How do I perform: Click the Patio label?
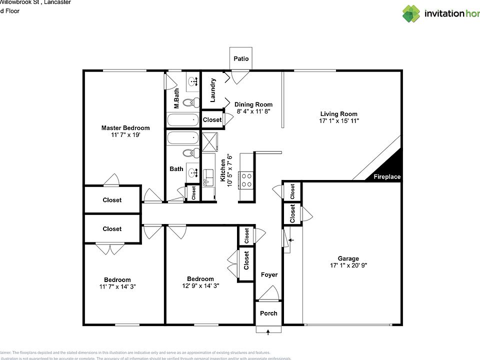click(241, 59)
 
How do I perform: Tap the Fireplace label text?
click(387, 177)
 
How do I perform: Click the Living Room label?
click(338, 114)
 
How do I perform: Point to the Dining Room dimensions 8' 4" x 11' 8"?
click(253, 111)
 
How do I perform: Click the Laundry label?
click(212, 90)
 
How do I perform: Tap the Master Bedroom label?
click(125, 128)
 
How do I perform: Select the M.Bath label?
click(176, 99)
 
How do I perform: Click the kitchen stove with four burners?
click(246, 179)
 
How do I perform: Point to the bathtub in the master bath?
click(183, 120)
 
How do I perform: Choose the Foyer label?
click(269, 274)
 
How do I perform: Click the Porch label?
click(268, 313)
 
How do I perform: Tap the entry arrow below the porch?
click(268, 330)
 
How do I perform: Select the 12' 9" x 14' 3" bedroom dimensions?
click(200, 286)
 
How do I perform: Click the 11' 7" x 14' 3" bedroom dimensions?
click(117, 286)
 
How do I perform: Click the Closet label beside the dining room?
click(212, 120)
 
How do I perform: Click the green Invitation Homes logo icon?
click(411, 13)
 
